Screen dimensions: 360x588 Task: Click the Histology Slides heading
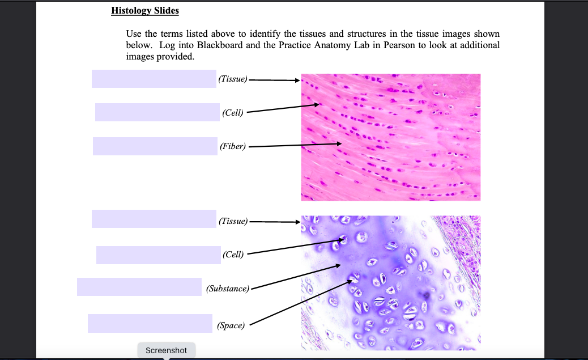(145, 11)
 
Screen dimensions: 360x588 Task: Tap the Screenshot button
(166, 350)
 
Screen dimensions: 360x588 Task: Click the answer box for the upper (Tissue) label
(154, 78)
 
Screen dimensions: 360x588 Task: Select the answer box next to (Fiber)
(155, 146)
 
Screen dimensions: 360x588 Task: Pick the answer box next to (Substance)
(139, 287)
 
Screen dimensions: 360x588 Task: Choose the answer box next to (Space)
(150, 323)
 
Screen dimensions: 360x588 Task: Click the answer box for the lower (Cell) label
(158, 255)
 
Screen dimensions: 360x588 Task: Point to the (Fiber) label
(233, 147)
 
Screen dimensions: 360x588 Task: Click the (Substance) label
(227, 289)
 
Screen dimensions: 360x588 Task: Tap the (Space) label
(231, 325)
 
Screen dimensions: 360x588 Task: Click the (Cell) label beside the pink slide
(233, 113)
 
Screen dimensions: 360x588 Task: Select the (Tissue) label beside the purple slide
(232, 221)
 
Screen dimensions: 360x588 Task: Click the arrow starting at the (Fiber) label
(295, 146)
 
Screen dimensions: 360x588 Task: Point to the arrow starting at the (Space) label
(300, 301)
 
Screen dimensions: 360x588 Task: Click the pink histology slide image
(390, 137)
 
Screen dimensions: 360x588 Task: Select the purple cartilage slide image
(390, 282)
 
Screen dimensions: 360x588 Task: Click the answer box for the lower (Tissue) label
(154, 219)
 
